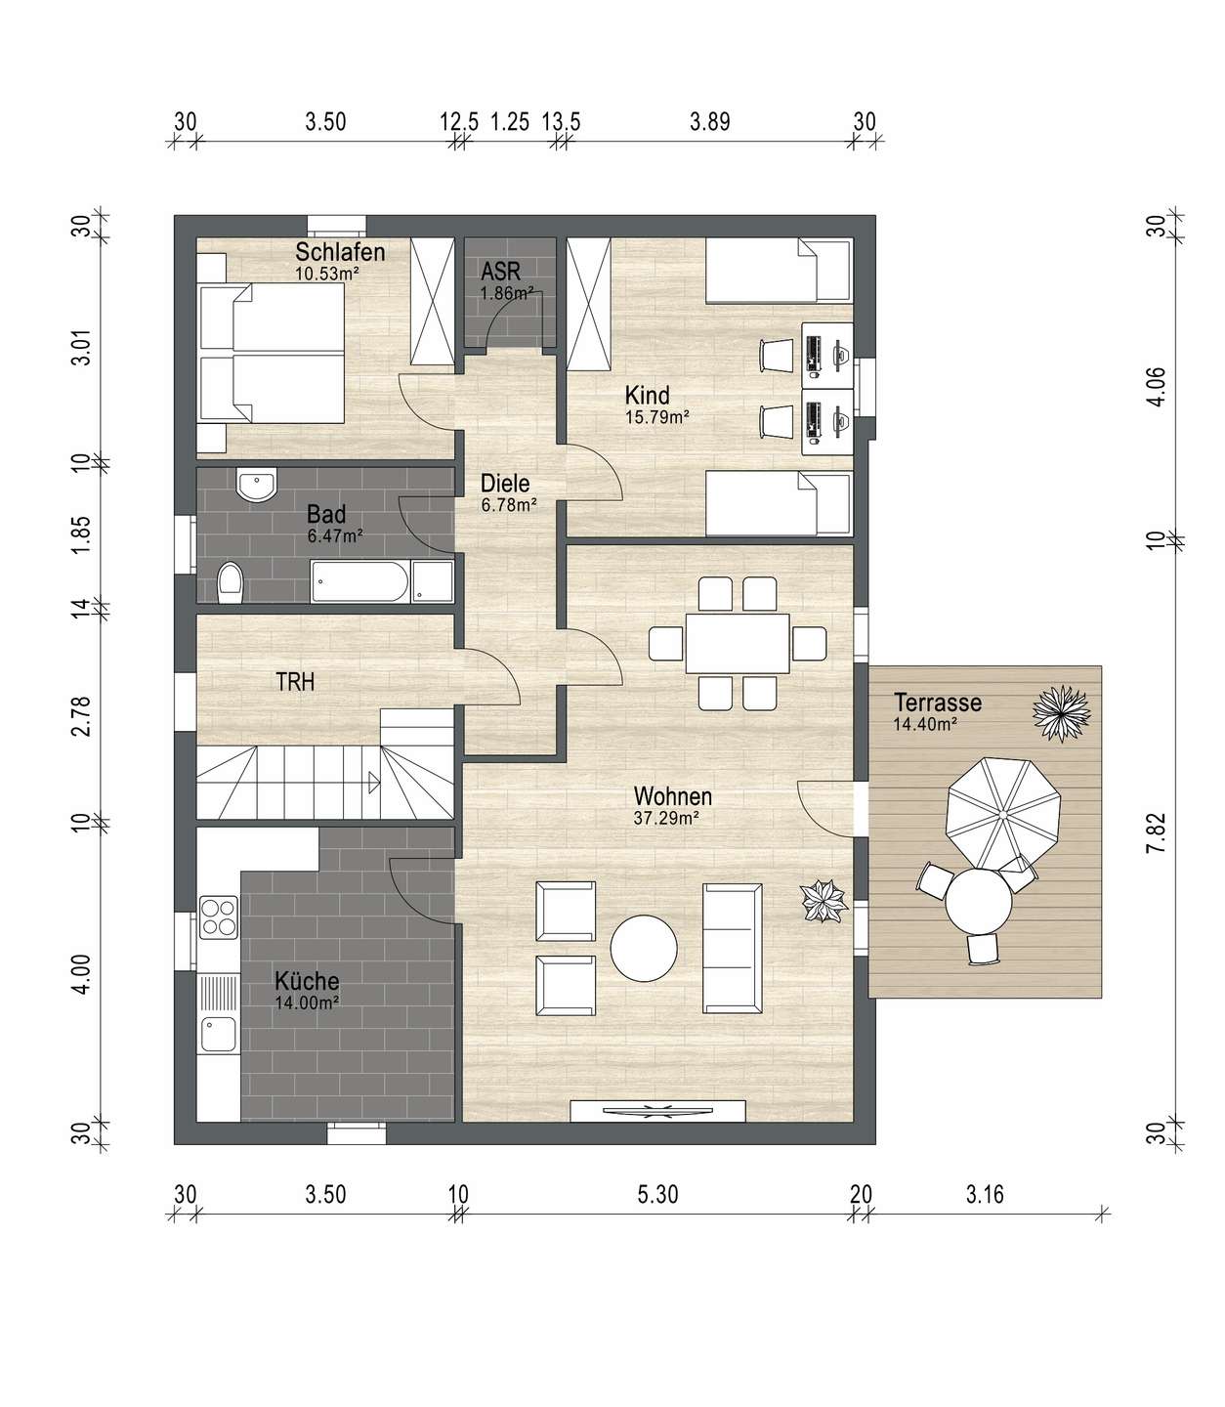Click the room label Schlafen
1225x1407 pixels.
(x=340, y=252)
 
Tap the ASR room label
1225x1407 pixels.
(x=500, y=271)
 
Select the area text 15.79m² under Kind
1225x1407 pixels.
(x=657, y=417)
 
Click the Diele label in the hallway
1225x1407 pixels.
(x=505, y=483)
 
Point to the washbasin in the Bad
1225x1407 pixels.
(x=256, y=486)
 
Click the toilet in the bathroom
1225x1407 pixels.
(x=231, y=583)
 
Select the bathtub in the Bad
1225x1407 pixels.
(x=360, y=581)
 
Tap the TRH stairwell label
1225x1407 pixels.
(x=295, y=682)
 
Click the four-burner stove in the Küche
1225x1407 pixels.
(x=219, y=917)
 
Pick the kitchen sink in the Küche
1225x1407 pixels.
(x=219, y=1035)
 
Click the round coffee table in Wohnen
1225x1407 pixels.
(x=644, y=948)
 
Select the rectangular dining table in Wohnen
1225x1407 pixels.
(x=738, y=644)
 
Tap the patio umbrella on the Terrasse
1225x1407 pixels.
(x=1003, y=814)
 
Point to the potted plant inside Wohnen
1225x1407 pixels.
(x=823, y=902)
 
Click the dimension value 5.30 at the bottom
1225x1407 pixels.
(x=657, y=1195)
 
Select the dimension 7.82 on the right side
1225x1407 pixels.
(x=1157, y=833)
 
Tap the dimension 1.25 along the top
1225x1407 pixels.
(x=510, y=122)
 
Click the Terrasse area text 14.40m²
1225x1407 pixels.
(x=926, y=724)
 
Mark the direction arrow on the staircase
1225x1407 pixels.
(x=374, y=783)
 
